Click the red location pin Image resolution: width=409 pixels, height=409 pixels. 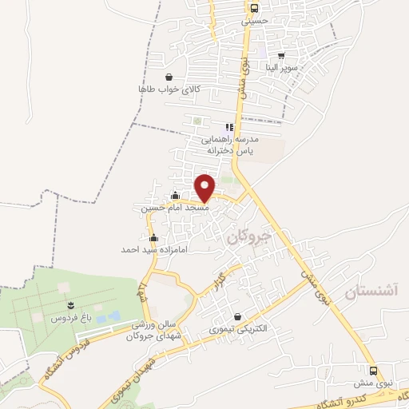coord(205,188)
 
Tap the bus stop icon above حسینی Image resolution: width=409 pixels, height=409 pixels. coord(254,9)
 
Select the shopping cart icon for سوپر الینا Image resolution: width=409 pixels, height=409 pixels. coord(283,55)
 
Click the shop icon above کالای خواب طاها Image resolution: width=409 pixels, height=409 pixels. coord(169,77)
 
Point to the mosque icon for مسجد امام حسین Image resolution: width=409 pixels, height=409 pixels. coord(176,194)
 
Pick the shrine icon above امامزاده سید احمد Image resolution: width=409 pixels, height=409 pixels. coord(153,237)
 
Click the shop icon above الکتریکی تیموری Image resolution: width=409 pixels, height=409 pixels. coord(237,317)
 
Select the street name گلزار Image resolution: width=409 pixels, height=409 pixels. coord(216,281)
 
